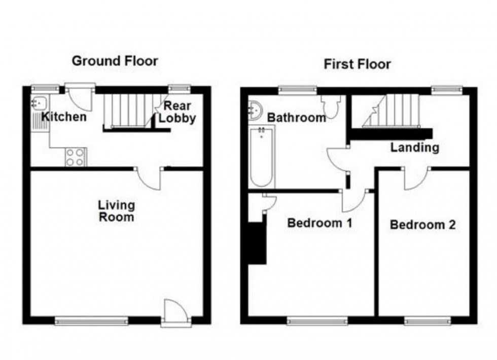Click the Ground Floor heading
click(x=115, y=61)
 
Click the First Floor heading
click(x=358, y=64)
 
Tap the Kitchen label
click(x=64, y=117)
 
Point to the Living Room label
click(x=117, y=211)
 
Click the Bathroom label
click(x=297, y=118)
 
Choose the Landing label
click(x=414, y=148)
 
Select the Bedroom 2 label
click(x=422, y=224)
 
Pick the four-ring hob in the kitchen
click(x=76, y=157)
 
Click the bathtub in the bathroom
click(x=262, y=157)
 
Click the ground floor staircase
click(x=129, y=111)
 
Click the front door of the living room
click(x=175, y=311)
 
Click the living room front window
click(x=91, y=320)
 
